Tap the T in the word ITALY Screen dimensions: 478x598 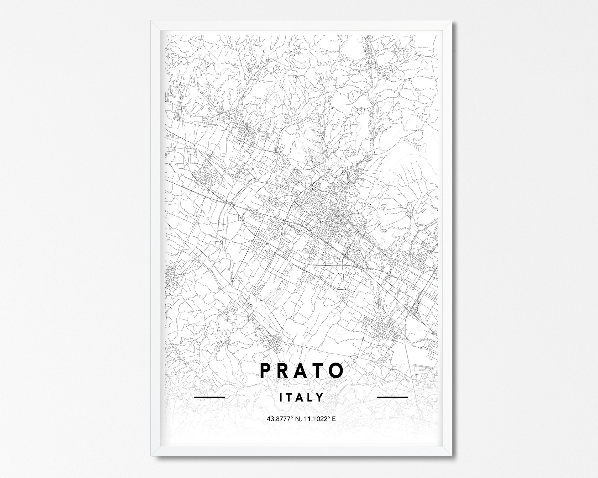click(290, 397)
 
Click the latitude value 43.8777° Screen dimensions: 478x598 click(279, 419)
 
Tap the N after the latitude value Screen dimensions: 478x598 click(298, 419)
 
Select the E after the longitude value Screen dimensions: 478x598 click(333, 419)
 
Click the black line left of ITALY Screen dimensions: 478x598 click(210, 397)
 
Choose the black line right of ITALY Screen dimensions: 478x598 click(393, 397)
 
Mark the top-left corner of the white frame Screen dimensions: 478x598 click(151, 21)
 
